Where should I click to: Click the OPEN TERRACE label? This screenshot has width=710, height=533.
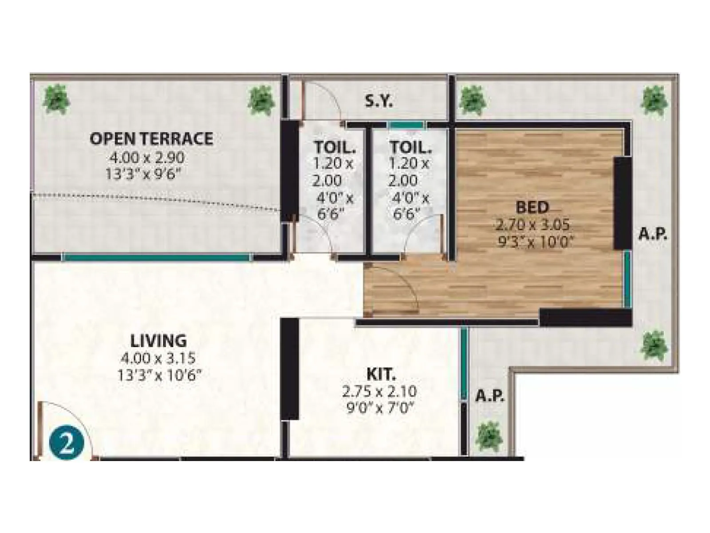pyautogui.click(x=151, y=139)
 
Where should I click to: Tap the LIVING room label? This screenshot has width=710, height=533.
pyautogui.click(x=158, y=341)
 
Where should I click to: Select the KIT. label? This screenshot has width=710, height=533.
pyautogui.click(x=381, y=374)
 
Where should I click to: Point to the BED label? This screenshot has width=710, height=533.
pyautogui.click(x=532, y=207)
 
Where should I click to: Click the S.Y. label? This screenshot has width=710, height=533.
pyautogui.click(x=379, y=102)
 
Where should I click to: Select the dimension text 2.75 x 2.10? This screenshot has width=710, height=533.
pyautogui.click(x=379, y=392)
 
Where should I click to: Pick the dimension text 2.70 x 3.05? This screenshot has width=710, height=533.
pyautogui.click(x=532, y=225)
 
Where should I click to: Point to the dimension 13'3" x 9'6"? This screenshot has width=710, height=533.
pyautogui.click(x=144, y=174)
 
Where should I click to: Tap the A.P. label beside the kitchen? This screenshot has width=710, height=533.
pyautogui.click(x=489, y=395)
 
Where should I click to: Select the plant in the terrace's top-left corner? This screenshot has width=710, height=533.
pyautogui.click(x=56, y=99)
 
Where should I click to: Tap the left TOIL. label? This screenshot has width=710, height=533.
pyautogui.click(x=335, y=147)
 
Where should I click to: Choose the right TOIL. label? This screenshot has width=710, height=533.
pyautogui.click(x=410, y=147)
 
